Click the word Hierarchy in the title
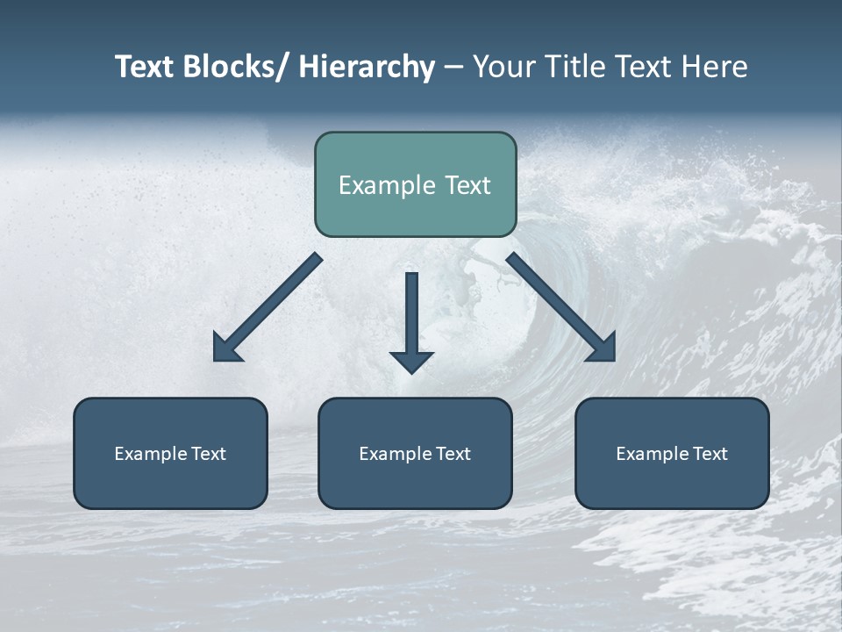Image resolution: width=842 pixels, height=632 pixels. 367,67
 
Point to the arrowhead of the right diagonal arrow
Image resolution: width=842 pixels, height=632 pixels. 603,349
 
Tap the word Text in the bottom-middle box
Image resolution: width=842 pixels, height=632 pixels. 454,454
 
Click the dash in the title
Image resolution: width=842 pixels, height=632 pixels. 453,68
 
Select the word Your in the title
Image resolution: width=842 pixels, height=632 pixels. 502,67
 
